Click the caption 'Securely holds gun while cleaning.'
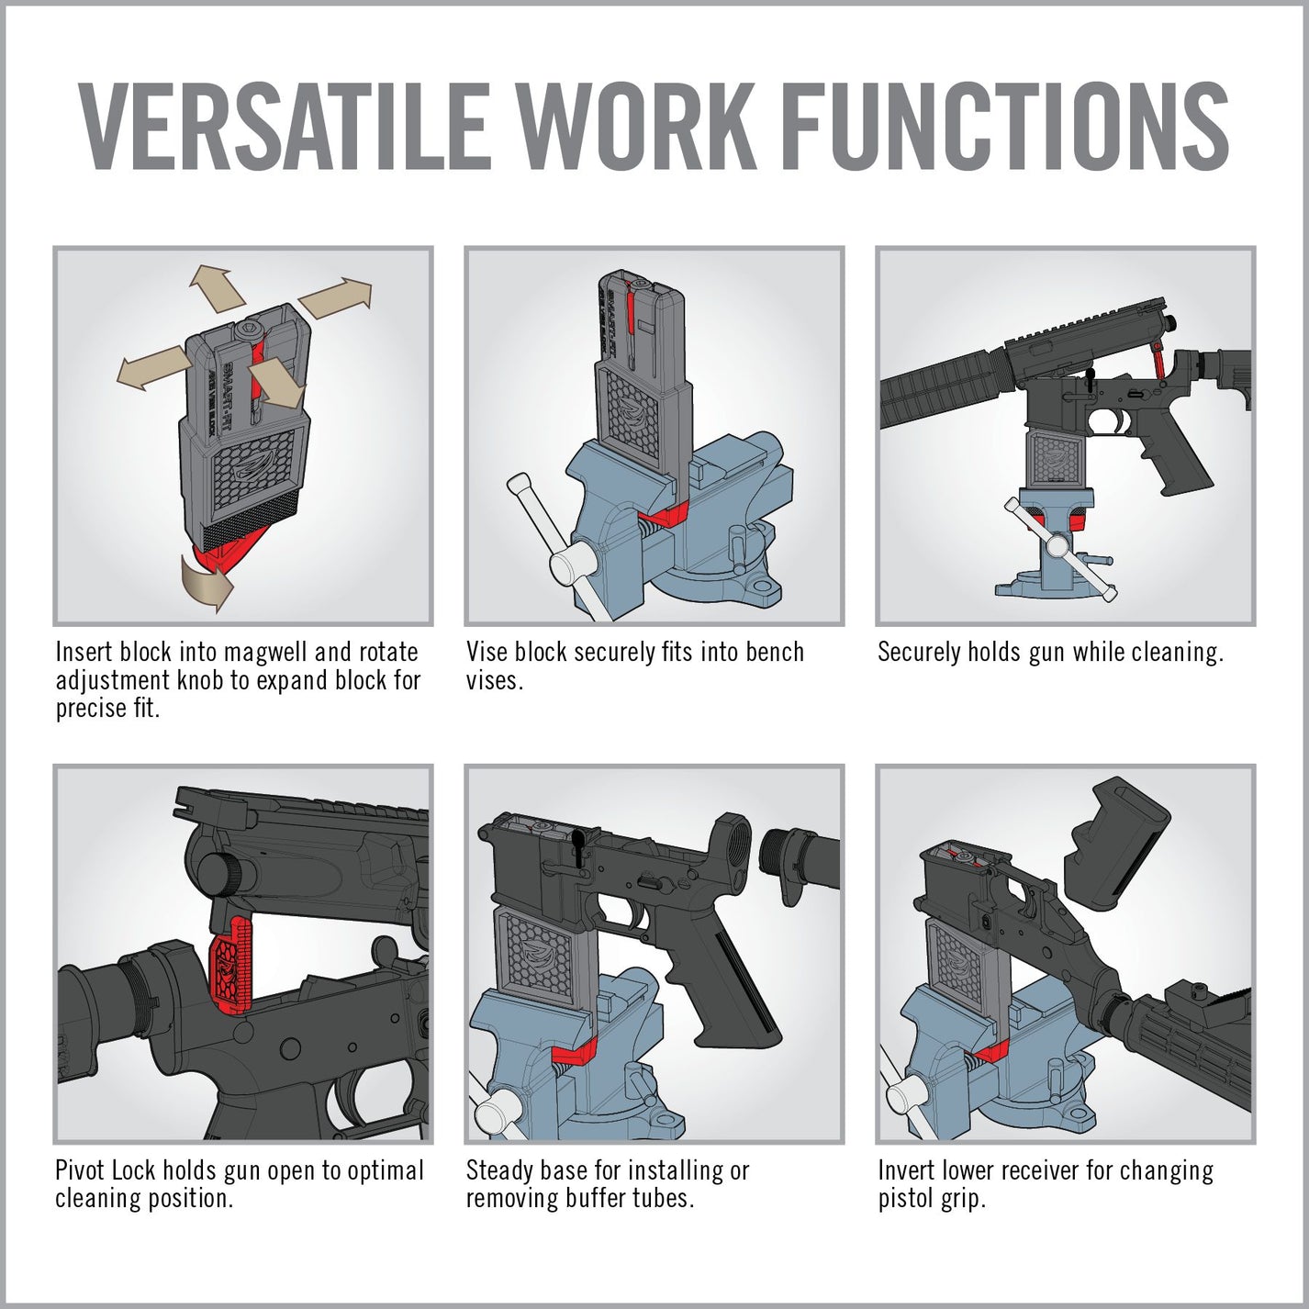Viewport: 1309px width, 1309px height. (1050, 652)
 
